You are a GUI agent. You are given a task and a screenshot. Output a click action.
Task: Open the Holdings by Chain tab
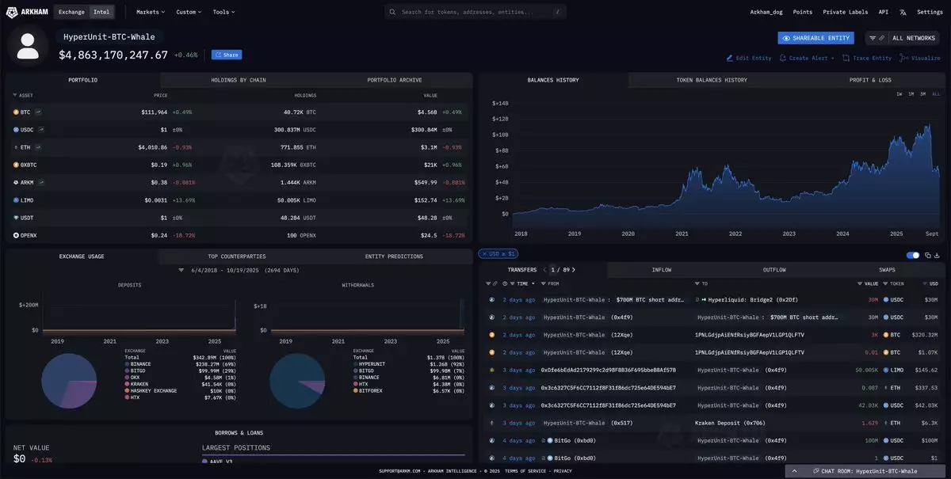pos(239,80)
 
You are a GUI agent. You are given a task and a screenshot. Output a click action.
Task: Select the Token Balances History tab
pos(711,80)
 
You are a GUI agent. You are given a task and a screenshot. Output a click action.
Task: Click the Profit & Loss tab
pos(869,80)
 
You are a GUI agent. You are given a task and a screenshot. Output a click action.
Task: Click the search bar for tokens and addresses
pos(475,13)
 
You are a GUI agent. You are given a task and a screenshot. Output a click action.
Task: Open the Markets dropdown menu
pos(150,13)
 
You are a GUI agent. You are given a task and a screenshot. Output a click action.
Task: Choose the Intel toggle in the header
pos(101,13)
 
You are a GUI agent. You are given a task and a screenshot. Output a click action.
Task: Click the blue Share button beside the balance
pos(227,55)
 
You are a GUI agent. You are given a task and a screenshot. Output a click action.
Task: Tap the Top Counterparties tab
pos(237,257)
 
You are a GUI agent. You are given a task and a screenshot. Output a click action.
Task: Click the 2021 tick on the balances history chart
pos(682,234)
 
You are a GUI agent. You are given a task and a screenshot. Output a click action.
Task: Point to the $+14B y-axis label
pos(500,103)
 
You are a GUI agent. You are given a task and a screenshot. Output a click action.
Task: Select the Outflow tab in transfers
pos(774,270)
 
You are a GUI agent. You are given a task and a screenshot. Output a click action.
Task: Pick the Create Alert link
pos(807,58)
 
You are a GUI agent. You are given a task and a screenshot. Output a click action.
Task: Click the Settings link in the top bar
pos(930,13)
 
